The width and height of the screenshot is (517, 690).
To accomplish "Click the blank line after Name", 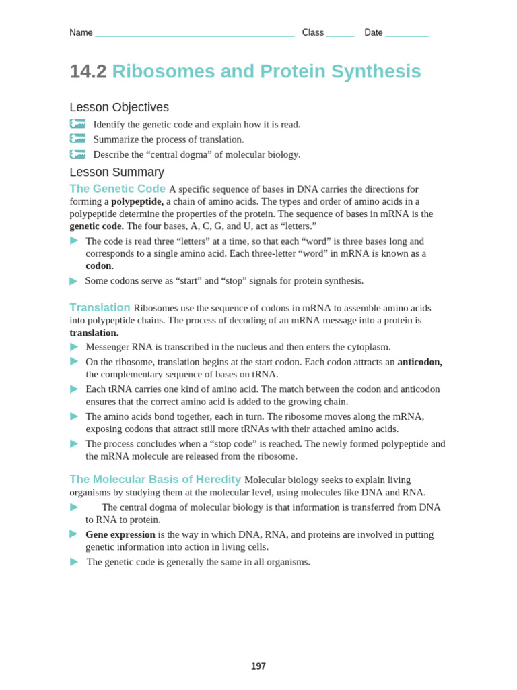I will [195, 34].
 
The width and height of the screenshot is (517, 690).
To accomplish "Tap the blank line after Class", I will [340, 34].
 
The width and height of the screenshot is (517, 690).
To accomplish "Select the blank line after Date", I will [407, 34].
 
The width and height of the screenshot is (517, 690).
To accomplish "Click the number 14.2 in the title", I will [88, 71].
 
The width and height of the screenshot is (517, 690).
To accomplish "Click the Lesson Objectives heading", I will [119, 107].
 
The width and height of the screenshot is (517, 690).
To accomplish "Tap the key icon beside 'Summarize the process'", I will [77, 139].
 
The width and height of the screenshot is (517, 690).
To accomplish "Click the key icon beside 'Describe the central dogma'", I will [77, 154].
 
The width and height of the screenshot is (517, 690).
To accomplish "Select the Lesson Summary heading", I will [116, 172].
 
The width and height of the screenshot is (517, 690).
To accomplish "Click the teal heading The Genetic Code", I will [117, 189].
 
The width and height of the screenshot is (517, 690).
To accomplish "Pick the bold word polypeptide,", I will [137, 201].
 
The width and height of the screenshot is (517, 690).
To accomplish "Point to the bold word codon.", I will [100, 265].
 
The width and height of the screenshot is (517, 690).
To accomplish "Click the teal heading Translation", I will [100, 307].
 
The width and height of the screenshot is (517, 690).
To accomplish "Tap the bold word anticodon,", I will [419, 362].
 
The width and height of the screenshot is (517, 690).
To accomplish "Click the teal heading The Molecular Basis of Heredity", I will [155, 479].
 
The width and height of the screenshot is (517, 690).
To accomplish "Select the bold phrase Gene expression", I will [120, 534].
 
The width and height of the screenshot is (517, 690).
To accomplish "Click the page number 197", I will [258, 666].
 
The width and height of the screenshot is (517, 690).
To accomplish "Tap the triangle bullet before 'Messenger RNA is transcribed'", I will [74, 347].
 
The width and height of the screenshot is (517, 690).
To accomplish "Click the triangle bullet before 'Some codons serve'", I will [74, 281].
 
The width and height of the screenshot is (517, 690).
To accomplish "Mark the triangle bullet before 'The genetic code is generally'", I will [74, 562].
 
